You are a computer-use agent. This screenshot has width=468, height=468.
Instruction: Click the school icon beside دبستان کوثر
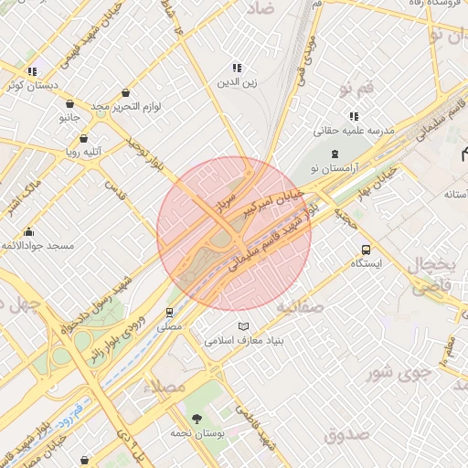33,71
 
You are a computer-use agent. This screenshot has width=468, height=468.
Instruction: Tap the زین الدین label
237,83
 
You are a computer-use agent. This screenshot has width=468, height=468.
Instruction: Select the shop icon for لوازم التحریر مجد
124,91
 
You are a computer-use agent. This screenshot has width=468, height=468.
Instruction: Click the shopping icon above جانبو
69,103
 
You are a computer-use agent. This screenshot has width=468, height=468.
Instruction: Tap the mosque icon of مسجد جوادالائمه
29,231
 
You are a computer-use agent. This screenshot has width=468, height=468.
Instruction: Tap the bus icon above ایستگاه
367,249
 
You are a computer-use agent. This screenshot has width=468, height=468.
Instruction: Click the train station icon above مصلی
170,312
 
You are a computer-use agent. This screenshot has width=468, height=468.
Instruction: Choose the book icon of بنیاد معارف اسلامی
242,326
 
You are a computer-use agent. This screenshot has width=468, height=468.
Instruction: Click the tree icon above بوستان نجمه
197,418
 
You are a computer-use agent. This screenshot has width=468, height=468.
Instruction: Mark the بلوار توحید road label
148,147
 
